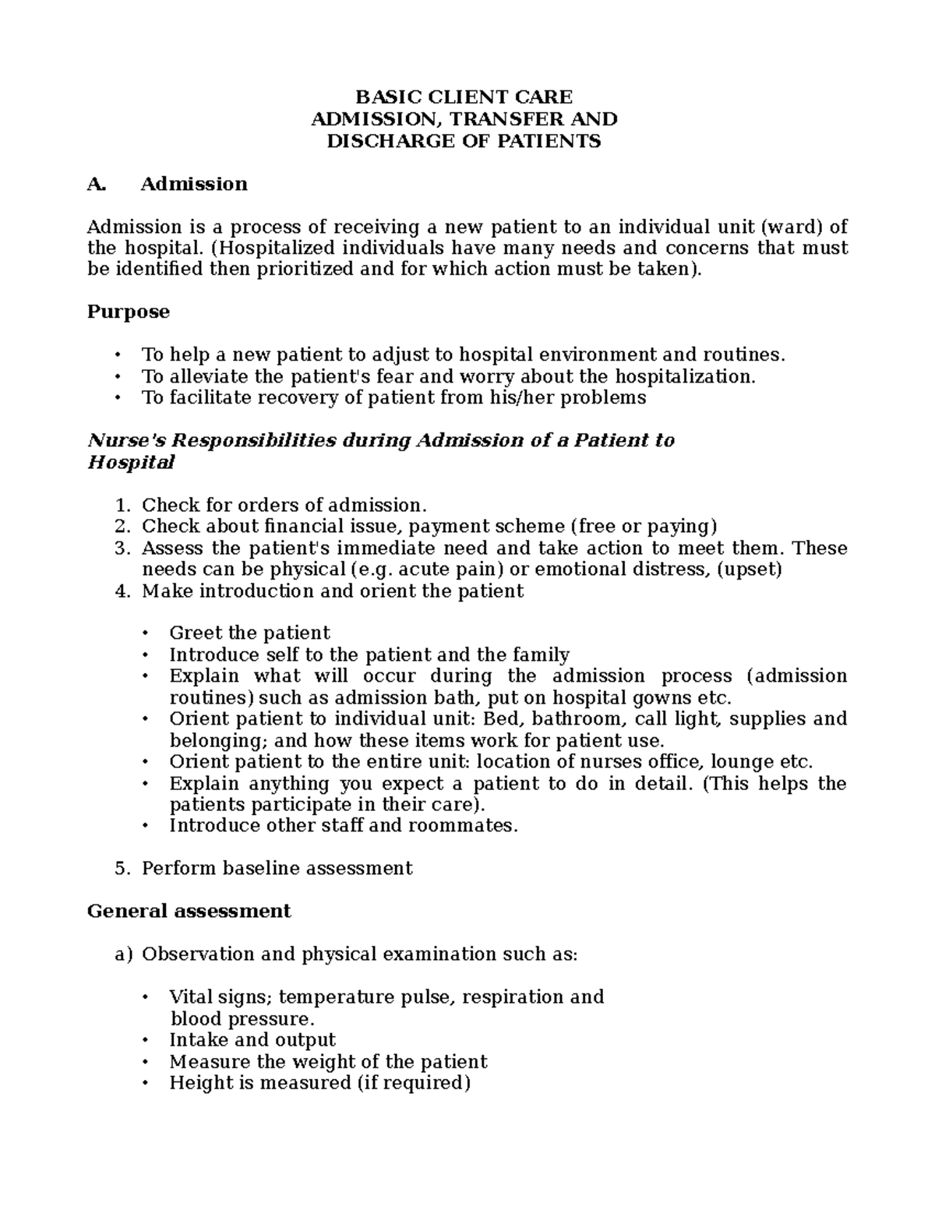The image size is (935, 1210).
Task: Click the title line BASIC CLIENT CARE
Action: point(464,97)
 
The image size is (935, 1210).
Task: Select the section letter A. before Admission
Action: point(96,184)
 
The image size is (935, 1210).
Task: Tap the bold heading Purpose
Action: point(128,312)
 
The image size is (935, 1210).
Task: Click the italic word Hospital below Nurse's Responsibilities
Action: point(131,462)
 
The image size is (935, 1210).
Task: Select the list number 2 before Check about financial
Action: point(120,527)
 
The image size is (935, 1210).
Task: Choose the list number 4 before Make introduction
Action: point(120,591)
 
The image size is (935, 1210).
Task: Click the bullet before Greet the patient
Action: point(145,633)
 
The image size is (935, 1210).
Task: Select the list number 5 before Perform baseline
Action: point(120,868)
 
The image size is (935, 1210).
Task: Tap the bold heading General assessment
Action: point(189,911)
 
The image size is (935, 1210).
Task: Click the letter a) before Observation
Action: point(124,954)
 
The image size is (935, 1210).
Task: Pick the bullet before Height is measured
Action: point(145,1084)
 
